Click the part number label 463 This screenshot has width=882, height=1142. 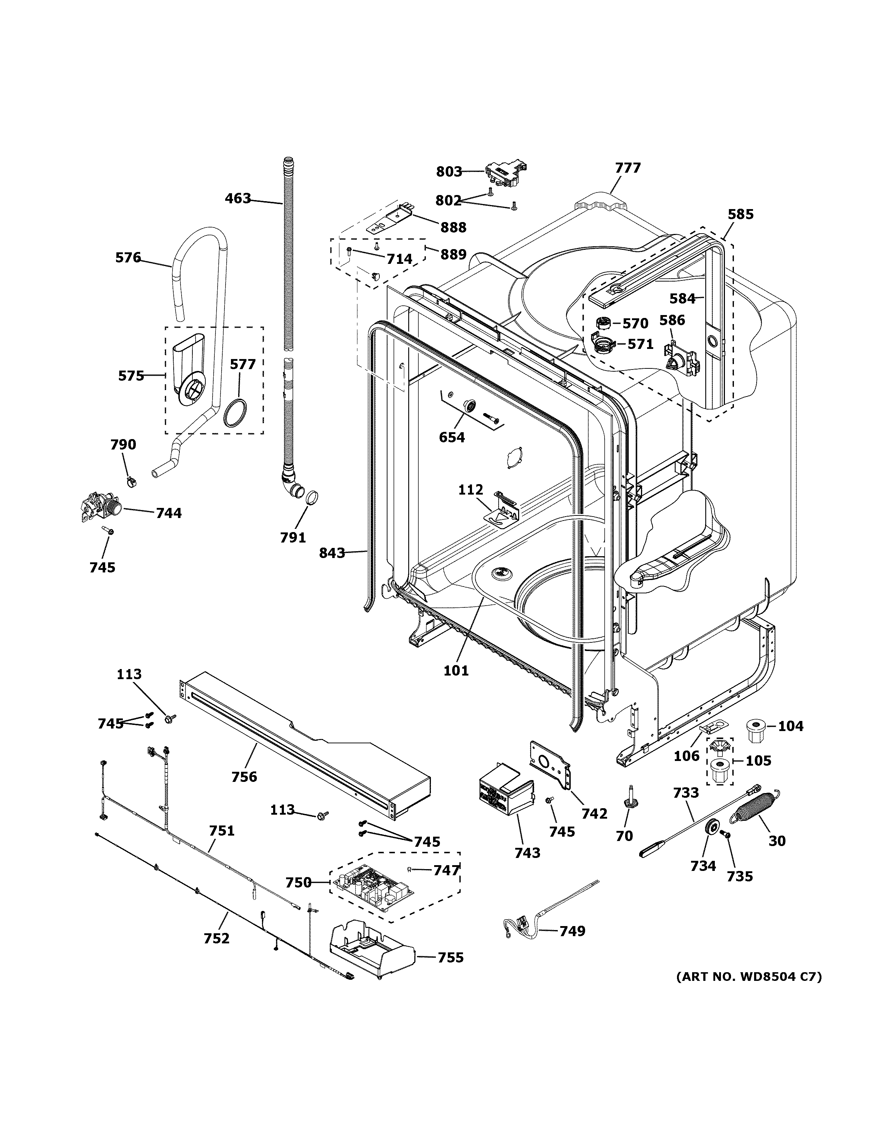(238, 199)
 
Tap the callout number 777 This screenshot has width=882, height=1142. (628, 168)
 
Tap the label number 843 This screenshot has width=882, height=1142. (332, 553)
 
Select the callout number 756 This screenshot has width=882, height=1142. (245, 776)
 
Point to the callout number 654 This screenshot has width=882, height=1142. (452, 437)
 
